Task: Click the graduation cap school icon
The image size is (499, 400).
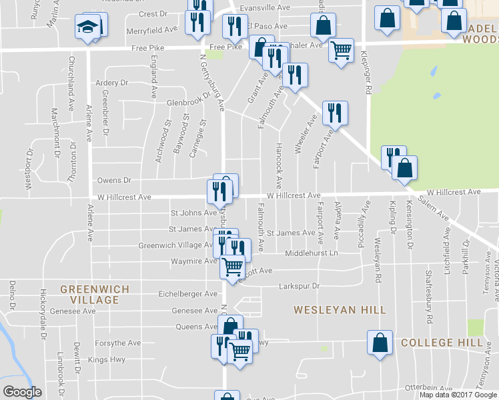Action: (87, 27)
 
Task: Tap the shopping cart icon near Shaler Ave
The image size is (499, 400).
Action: (341, 49)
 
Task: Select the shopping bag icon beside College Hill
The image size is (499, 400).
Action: (379, 343)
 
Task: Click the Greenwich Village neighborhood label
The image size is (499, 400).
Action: (89, 295)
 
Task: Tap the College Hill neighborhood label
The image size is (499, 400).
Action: (442, 343)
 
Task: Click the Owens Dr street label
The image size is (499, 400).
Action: (114, 180)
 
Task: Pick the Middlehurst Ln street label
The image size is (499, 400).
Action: (312, 253)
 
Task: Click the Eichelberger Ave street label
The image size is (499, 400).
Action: (187, 293)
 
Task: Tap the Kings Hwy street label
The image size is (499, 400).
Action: (107, 360)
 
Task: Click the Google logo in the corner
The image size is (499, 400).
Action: (22, 391)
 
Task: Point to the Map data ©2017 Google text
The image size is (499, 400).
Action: (458, 395)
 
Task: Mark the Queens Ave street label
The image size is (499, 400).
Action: (197, 327)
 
